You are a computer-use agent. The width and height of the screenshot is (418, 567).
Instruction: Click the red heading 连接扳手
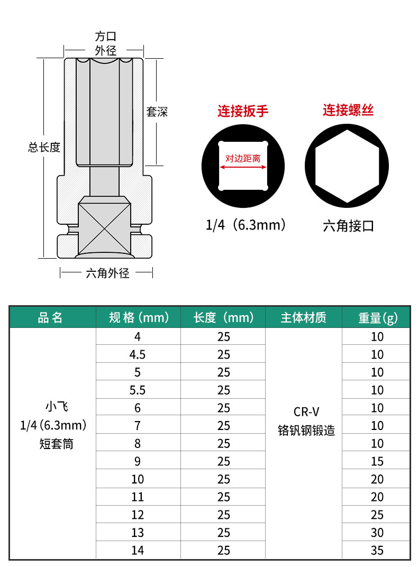[243, 111]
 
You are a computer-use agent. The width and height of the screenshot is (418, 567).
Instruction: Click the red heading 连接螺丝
[348, 111]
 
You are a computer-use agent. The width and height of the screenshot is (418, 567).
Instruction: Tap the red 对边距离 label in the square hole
[243, 158]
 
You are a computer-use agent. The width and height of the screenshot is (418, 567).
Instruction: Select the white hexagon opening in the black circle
[347, 166]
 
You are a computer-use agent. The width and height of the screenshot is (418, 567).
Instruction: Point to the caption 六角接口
[348, 226]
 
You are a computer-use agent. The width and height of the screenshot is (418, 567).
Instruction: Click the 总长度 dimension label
[44, 148]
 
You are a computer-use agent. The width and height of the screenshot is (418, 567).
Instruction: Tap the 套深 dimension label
[157, 112]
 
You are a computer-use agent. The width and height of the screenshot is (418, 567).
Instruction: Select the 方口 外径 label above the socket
[105, 43]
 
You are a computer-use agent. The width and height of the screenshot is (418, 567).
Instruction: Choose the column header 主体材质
[303, 317]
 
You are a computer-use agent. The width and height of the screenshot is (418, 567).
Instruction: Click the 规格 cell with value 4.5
[138, 354]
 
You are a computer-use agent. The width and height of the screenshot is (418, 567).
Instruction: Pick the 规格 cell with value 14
[138, 551]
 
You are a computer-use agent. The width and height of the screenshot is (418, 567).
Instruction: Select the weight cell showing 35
[377, 551]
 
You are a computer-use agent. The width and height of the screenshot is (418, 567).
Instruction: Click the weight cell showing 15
[377, 461]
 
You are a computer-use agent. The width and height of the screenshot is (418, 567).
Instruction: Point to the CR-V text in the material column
[306, 412]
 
